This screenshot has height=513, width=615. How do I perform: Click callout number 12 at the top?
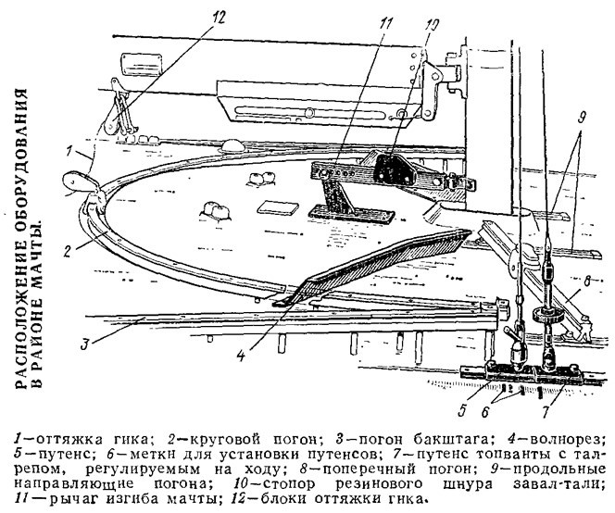pyautogui.click(x=219, y=18)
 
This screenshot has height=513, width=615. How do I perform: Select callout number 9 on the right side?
pyautogui.click(x=582, y=117)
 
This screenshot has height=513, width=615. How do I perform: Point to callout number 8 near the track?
pyautogui.click(x=587, y=282)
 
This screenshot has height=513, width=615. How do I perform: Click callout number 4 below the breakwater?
pyautogui.click(x=241, y=356)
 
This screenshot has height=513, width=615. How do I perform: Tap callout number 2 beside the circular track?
pyautogui.click(x=67, y=251)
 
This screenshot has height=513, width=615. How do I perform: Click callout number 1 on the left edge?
pyautogui.click(x=69, y=151)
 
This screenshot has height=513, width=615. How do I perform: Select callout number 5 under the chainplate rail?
pyautogui.click(x=461, y=410)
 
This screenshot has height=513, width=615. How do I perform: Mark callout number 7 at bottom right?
pyautogui.click(x=546, y=412)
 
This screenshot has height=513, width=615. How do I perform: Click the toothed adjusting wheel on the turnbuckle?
pyautogui.click(x=548, y=314)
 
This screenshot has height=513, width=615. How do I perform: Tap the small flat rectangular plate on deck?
pyautogui.click(x=277, y=208)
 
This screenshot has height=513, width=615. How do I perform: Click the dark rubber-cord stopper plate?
pyautogui.click(x=395, y=169)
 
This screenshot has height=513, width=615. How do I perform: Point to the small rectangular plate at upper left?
pyautogui.click(x=143, y=64)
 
